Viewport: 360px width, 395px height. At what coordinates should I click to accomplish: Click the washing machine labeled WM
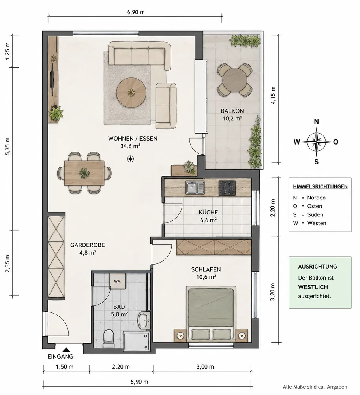[x=117, y=281]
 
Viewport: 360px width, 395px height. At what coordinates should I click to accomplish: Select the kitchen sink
[x=195, y=188]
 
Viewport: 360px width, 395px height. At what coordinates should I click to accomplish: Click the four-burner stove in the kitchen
[x=227, y=188]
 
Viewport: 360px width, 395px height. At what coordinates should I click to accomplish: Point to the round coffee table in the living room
[x=131, y=92]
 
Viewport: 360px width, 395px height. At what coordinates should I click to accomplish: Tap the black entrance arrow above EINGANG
[x=66, y=350]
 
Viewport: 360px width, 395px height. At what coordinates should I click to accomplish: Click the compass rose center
[x=317, y=142]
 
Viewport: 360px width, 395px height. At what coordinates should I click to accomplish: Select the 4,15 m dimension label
[x=273, y=95]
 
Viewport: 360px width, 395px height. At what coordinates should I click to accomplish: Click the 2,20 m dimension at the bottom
[x=121, y=367]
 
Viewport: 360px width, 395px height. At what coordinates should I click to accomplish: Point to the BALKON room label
[x=232, y=111]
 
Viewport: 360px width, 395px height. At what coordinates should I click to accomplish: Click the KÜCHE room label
[x=208, y=212]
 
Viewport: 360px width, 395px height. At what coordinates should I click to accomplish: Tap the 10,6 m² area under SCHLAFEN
[x=206, y=277]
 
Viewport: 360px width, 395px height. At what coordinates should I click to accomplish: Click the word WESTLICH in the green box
[x=313, y=287]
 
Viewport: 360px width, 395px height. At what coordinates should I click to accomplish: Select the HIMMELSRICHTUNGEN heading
[x=320, y=187]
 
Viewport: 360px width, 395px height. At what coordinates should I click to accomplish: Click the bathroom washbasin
[x=144, y=320]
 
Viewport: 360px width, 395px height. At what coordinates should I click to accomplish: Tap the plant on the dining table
[x=84, y=173]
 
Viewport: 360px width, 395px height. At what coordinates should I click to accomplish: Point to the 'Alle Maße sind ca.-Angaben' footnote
[x=315, y=387]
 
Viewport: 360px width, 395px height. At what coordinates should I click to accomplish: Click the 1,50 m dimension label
[x=65, y=367]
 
